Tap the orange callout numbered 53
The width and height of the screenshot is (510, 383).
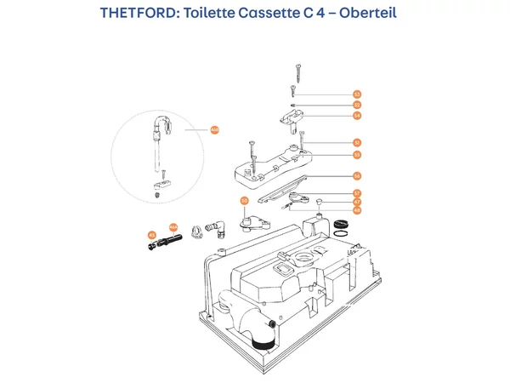pos(357,94)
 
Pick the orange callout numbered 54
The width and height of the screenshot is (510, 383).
pos(357,115)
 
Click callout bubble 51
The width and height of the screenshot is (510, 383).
pos(357,142)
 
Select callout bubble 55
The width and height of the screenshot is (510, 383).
pos(357,155)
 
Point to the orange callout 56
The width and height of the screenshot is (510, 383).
pos(357,176)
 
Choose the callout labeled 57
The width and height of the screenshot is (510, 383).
pos(357,194)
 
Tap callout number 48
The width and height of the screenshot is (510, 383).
pos(357,209)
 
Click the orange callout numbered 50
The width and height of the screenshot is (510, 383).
pos(244,202)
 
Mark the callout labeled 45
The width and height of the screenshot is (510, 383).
pos(152,234)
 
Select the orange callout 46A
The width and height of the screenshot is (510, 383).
pos(173,227)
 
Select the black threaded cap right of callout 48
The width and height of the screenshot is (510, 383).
pos(343,223)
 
